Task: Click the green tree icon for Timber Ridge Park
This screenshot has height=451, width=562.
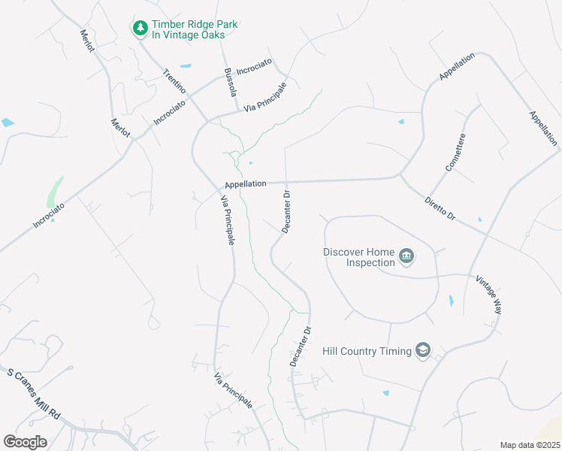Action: click(x=140, y=29)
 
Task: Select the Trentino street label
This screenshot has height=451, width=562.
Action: click(x=175, y=82)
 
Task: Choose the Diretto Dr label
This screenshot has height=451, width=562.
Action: click(x=440, y=208)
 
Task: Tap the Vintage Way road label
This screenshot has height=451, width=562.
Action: click(x=488, y=295)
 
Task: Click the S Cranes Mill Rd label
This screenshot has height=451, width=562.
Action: click(x=34, y=393)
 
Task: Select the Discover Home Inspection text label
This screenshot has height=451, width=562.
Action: click(x=359, y=257)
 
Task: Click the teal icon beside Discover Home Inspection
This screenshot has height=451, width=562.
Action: click(x=407, y=257)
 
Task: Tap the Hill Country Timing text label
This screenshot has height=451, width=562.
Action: click(x=366, y=351)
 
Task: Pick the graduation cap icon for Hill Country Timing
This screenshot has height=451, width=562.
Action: click(x=423, y=351)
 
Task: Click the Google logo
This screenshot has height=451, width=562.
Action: click(x=25, y=441)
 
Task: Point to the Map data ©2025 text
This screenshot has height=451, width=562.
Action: click(x=529, y=445)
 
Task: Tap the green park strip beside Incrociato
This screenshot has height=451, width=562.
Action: click(x=54, y=192)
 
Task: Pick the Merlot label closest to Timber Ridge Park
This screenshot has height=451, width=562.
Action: click(x=87, y=41)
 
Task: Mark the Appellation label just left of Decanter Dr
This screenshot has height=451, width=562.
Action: click(x=245, y=183)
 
